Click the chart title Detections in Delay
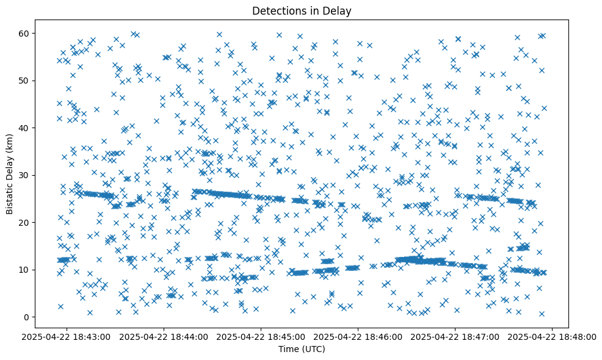click(302, 11)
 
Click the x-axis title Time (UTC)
click(302, 349)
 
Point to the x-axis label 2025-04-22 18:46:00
click(358, 336)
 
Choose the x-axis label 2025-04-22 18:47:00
click(455, 336)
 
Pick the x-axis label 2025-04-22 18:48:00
click(553, 336)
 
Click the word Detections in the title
click(278, 11)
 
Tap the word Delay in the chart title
click(338, 11)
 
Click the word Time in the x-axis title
click(289, 349)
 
